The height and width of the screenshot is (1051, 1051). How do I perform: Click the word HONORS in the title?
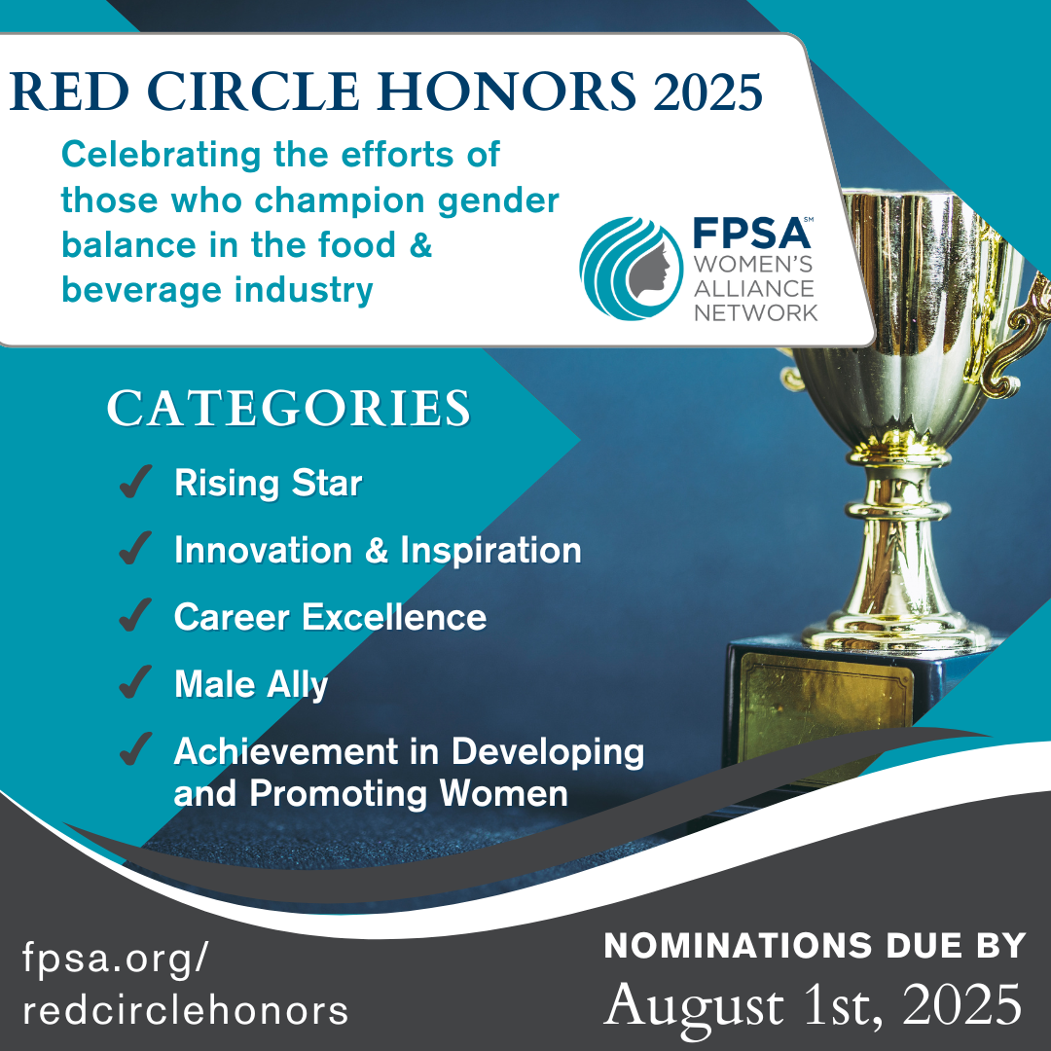coord(506,91)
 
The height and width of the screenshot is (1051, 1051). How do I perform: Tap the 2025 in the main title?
coord(707,91)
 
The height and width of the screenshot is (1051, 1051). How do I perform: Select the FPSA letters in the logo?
coord(750,234)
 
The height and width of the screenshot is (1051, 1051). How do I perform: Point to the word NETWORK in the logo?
coord(755,312)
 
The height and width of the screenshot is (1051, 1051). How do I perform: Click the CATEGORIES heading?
coord(289,408)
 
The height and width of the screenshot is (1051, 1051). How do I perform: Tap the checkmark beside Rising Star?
coord(135,482)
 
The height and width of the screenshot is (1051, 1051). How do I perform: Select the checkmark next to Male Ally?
coord(135,682)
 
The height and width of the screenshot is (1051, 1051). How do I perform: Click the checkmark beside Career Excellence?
coord(135,615)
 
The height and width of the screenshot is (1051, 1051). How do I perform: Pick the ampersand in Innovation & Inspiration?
coord(377,550)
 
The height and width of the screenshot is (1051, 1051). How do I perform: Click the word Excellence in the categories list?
coord(394,617)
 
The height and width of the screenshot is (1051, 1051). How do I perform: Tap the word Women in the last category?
coord(504,793)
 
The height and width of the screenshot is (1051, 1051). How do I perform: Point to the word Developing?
coord(548,752)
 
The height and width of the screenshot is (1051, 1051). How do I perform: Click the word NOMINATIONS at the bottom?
coord(738,946)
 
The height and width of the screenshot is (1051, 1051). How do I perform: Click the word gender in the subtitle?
coord(497,201)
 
